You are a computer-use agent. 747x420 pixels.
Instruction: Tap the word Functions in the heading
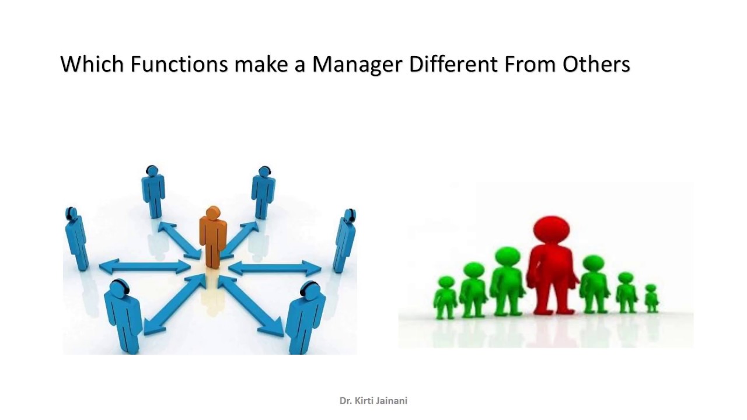pyautogui.click(x=179, y=64)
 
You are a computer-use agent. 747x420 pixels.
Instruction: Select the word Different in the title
pyautogui.click(x=453, y=64)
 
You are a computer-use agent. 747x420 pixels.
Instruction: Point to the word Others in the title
pyautogui.click(x=596, y=64)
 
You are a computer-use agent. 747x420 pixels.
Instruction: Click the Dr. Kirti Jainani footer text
pyautogui.click(x=373, y=401)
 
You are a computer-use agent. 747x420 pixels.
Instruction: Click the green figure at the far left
pyautogui.click(x=446, y=297)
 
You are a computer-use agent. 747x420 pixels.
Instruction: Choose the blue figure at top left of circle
pyautogui.click(x=153, y=191)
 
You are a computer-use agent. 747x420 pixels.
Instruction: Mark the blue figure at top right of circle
pyautogui.click(x=263, y=191)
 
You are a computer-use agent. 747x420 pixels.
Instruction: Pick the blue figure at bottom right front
pyautogui.click(x=305, y=315)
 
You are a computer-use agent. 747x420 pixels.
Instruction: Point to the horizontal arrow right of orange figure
pyautogui.click(x=275, y=268)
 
